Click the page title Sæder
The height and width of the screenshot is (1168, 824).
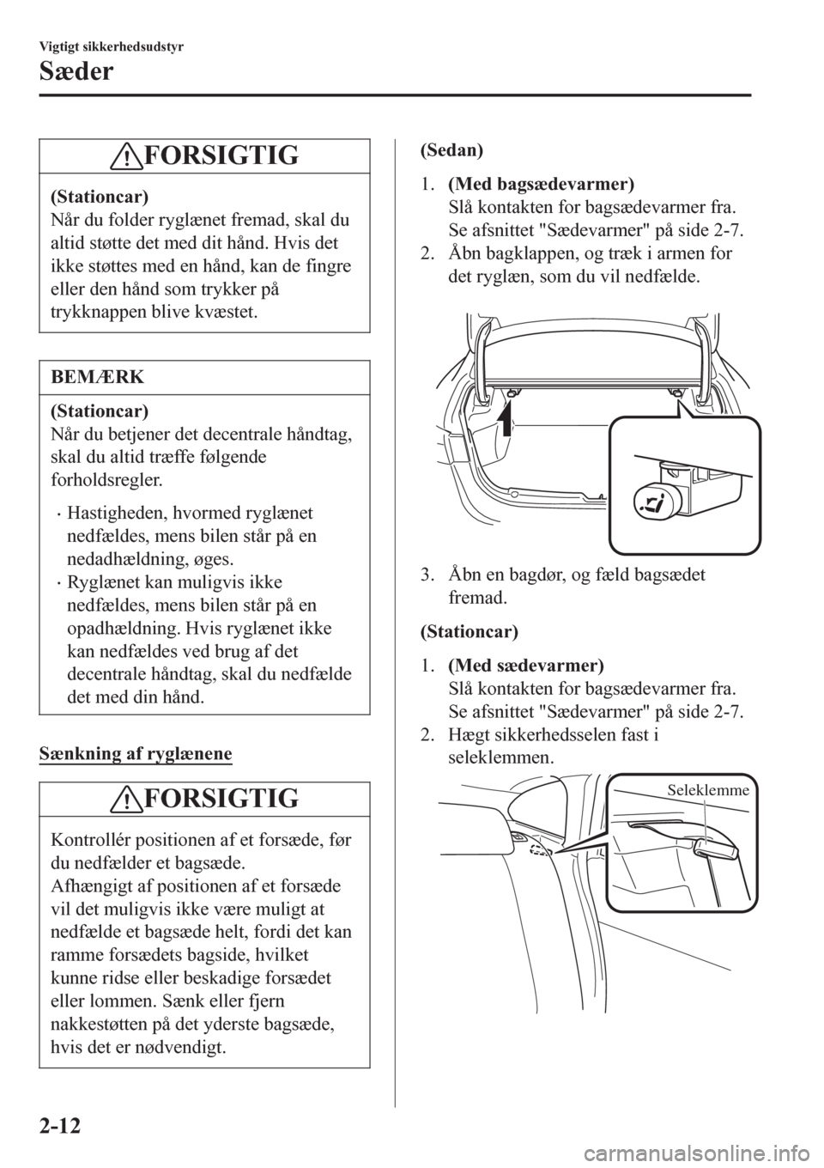click(76, 71)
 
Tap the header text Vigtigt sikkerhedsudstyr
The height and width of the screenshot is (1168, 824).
click(112, 47)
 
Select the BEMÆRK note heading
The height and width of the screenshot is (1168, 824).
click(98, 376)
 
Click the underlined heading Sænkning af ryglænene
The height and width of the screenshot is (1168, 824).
click(136, 754)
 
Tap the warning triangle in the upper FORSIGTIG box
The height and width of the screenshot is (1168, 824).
click(127, 156)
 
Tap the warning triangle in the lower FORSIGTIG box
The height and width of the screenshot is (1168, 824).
click(127, 800)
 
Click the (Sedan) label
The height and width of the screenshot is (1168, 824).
click(451, 150)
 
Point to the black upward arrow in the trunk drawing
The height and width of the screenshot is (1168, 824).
click(505, 419)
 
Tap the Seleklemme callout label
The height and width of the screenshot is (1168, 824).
click(708, 789)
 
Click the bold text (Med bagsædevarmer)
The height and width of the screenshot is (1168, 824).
click(542, 185)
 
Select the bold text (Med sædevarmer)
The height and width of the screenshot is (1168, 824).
click(526, 666)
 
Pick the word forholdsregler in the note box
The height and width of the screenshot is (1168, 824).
click(106, 480)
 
